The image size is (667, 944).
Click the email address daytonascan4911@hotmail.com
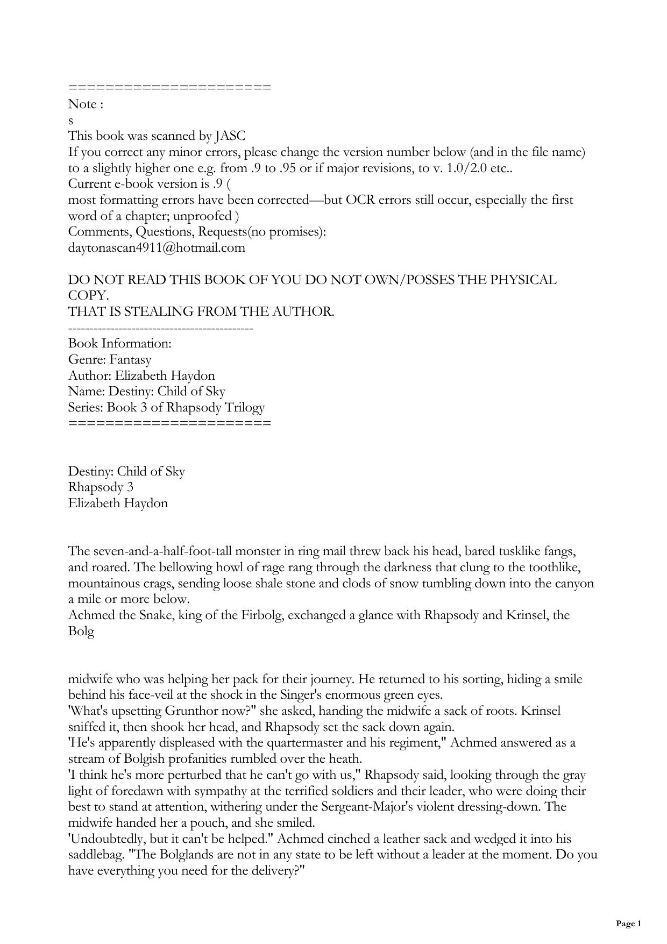[x=157, y=248]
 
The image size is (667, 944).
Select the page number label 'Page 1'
[x=628, y=924]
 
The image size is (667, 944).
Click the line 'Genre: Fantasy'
[x=110, y=359]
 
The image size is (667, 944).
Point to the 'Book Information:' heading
[x=120, y=343]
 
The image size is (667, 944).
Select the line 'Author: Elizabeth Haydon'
[x=141, y=375]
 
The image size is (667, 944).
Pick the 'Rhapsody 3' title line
[x=101, y=487]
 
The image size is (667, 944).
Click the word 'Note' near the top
[x=82, y=104]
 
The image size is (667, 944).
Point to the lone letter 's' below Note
[x=71, y=120]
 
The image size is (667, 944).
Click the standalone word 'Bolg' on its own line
[x=81, y=631]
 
